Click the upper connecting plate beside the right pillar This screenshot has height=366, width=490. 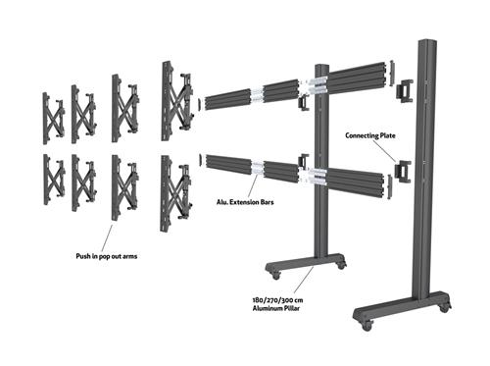[x=405, y=91]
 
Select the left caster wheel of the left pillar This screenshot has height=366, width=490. [x=273, y=273]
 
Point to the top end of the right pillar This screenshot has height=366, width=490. [x=426, y=44]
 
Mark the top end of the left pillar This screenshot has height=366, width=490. [x=320, y=69]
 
